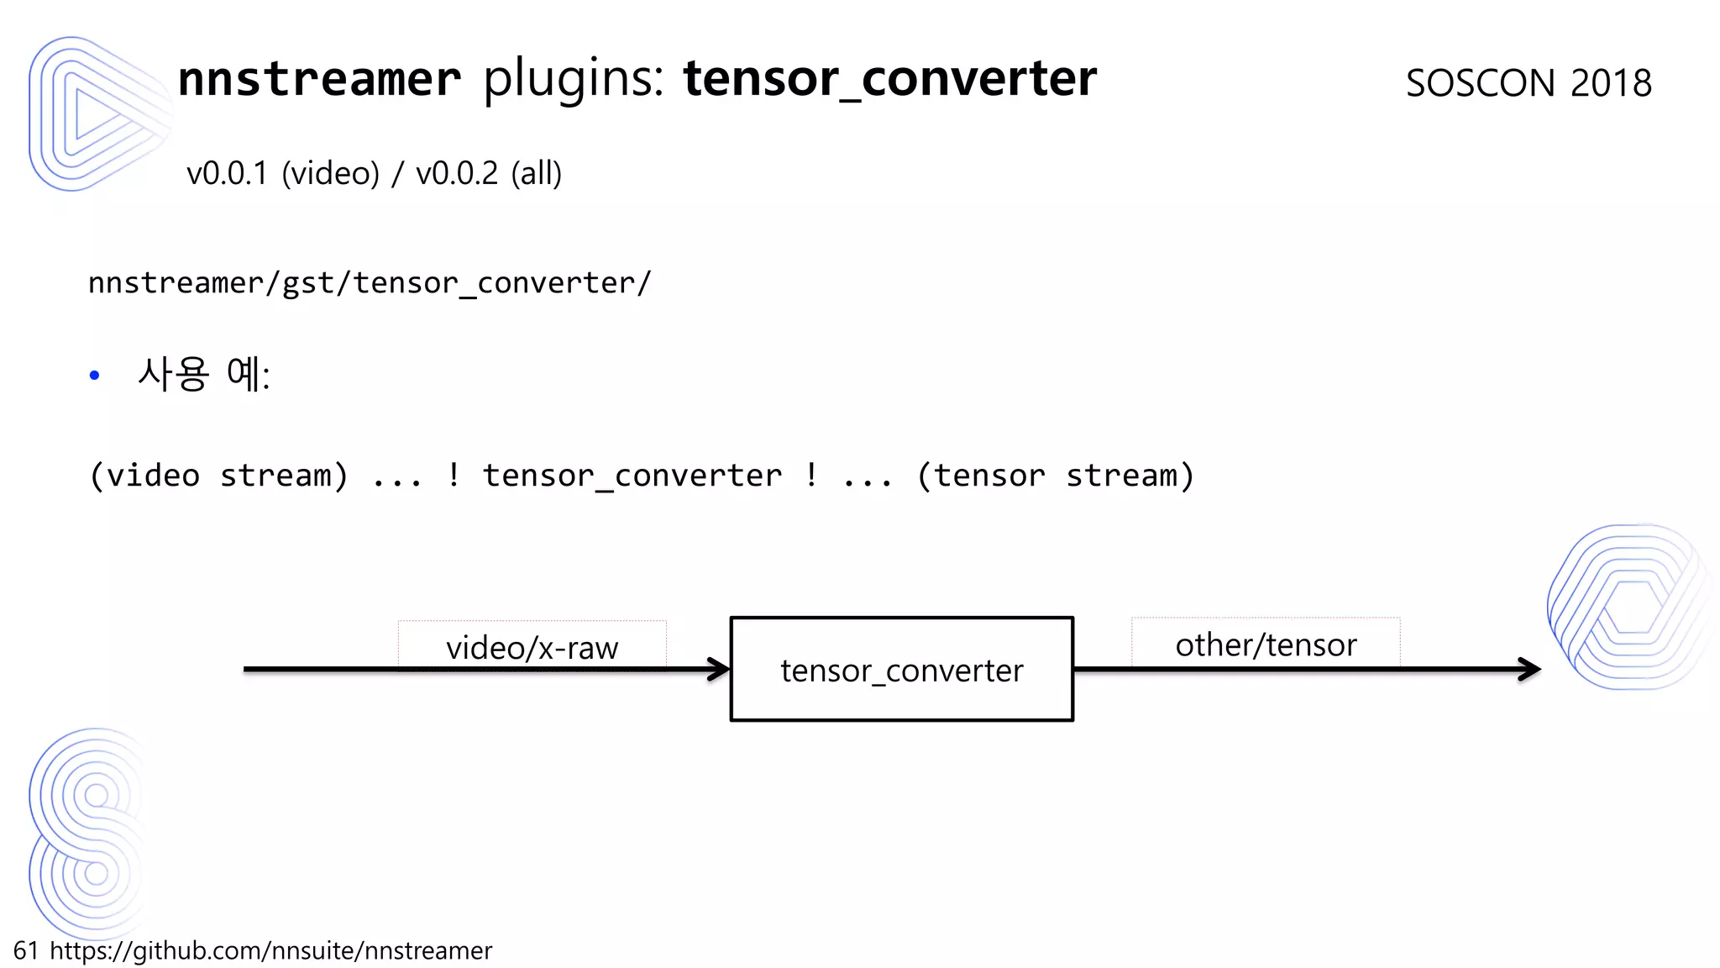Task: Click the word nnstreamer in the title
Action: tap(319, 79)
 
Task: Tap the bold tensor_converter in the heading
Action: tap(889, 79)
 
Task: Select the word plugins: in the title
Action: tap(574, 79)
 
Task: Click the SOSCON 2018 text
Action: tap(1529, 83)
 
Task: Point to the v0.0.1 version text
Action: tap(227, 174)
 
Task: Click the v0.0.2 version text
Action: tap(457, 174)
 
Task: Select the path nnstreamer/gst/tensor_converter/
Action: tap(370, 283)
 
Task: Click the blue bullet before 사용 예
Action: tap(94, 376)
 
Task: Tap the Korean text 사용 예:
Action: tap(204, 374)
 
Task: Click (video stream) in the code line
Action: tap(218, 476)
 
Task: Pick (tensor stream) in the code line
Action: tap(1056, 476)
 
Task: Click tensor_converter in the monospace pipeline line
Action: tap(632, 476)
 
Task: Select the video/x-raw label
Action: tap(532, 648)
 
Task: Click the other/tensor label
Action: tap(1266, 644)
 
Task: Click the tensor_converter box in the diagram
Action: tap(901, 670)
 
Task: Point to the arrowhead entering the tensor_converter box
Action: tap(719, 670)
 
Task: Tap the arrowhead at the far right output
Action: tap(1530, 670)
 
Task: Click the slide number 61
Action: tap(26, 950)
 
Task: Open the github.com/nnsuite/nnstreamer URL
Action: tap(270, 950)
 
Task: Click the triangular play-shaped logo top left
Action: tap(92, 113)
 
